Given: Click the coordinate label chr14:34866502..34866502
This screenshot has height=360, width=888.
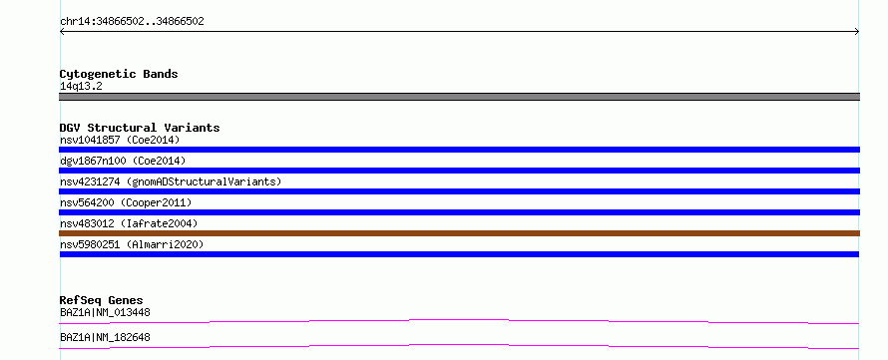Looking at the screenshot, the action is pos(132,22).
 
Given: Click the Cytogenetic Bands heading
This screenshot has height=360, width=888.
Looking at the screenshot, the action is pos(119,74).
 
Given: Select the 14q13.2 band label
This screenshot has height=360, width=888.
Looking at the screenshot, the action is pos(81,87).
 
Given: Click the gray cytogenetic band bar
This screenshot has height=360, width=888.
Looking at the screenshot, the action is pos(459,97).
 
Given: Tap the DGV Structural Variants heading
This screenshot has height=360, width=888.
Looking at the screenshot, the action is pos(140,128).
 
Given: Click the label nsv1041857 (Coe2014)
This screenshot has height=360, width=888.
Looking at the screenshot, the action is pos(120,140).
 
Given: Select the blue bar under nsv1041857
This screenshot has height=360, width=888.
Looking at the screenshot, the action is pos(459,150).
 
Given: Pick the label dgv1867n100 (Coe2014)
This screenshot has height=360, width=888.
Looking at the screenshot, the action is pos(123,161).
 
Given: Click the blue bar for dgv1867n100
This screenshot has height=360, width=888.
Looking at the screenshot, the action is pos(459,171).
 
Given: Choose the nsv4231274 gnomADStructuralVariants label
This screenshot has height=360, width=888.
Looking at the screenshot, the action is pos(171,181).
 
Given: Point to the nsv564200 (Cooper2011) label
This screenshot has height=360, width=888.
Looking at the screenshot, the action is pos(126,202).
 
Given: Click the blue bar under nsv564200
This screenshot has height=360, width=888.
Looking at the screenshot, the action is pos(459,212).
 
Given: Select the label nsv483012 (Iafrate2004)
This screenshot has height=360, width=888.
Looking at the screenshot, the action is pos(129,223).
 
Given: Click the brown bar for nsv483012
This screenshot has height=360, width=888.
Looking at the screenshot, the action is pos(459,233).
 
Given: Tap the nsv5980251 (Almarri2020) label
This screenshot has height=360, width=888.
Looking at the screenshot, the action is pos(132,244).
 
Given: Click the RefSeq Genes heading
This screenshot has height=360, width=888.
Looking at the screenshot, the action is pos(102,300).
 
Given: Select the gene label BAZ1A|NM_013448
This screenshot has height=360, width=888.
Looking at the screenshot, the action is pos(105,312).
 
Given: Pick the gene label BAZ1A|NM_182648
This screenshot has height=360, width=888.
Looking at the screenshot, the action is pos(105,337).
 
